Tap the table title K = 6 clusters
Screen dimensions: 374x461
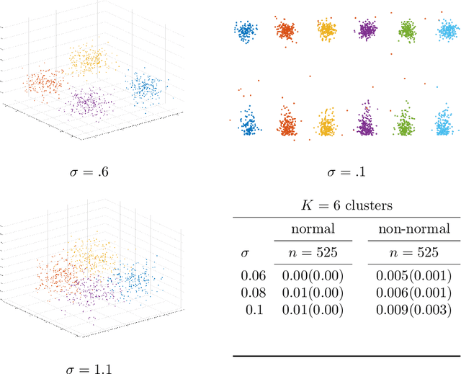[346, 205]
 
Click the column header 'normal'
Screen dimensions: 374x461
[313, 230]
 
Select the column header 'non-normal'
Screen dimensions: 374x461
[413, 230]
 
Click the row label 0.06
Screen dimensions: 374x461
[253, 276]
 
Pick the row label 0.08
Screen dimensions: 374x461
[253, 293]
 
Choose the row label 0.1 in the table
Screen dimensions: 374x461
[256, 309]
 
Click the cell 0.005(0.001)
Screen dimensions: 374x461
[413, 276]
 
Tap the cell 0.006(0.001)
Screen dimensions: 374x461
[413, 293]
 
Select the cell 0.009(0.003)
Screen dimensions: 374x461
[413, 309]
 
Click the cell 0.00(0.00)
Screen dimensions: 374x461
[313, 276]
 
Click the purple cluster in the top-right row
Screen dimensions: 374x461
[367, 30]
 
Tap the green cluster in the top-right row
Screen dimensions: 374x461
[407, 31]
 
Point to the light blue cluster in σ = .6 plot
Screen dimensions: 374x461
[146, 86]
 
